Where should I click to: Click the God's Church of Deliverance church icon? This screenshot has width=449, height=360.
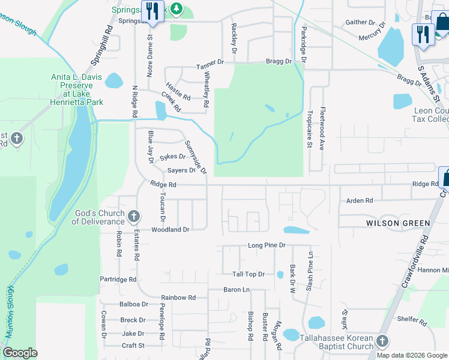pyautogui.click(x=134, y=215)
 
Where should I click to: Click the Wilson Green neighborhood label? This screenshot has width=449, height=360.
pyautogui.click(x=398, y=223)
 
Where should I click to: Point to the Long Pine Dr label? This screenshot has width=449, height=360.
pyautogui.click(x=267, y=245)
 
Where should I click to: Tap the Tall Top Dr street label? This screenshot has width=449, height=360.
pyautogui.click(x=249, y=274)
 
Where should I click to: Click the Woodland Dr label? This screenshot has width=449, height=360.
pyautogui.click(x=170, y=230)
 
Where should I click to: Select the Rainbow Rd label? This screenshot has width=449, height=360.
pyautogui.click(x=178, y=298)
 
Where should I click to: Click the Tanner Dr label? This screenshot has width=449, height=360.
pyautogui.click(x=209, y=62)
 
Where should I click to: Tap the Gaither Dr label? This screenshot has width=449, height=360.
pyautogui.click(x=360, y=22)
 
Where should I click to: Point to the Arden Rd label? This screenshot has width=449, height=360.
pyautogui.click(x=360, y=200)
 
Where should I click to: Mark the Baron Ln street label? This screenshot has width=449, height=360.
pyautogui.click(x=237, y=290)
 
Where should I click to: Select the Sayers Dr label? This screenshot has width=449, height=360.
pyautogui.click(x=181, y=170)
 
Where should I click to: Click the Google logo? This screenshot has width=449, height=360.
pyautogui.click(x=20, y=353)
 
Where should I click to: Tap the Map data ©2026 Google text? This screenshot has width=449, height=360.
pyautogui.click(x=412, y=355)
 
